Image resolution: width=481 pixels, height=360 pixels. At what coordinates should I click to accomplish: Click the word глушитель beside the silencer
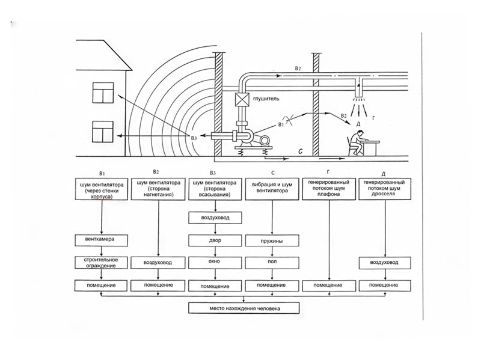coord(266,99)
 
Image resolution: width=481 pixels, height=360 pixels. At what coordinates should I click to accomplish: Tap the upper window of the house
coord(103,93)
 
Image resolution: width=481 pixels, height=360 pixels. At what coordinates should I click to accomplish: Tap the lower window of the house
coord(103,132)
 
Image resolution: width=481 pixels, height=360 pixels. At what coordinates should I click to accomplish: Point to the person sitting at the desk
coord(357,142)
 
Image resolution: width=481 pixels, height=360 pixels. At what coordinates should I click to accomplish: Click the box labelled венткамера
coord(101,240)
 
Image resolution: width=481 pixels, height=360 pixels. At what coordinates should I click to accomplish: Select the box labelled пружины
coord(272,241)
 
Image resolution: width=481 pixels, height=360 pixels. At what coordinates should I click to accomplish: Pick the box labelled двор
coord(215,241)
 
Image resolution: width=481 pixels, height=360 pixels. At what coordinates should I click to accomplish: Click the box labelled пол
coord(272,263)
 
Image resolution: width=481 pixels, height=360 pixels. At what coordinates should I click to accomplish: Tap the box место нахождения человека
coord(244,308)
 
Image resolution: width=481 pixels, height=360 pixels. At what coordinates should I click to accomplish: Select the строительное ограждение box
coord(101,263)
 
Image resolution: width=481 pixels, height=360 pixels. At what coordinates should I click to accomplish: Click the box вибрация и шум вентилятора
coord(272,189)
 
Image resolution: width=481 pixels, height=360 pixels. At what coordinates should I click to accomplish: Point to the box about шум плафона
coord(329,189)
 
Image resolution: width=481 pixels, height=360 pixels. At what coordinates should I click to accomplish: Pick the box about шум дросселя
coord(385,189)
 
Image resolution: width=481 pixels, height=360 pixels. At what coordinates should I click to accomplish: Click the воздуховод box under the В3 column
coord(215,218)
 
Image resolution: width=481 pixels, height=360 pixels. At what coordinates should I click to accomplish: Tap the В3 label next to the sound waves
coord(194,138)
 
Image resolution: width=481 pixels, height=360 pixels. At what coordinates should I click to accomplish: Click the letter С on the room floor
coord(301,151)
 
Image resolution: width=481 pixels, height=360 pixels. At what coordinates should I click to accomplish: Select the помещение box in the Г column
coord(329,285)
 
